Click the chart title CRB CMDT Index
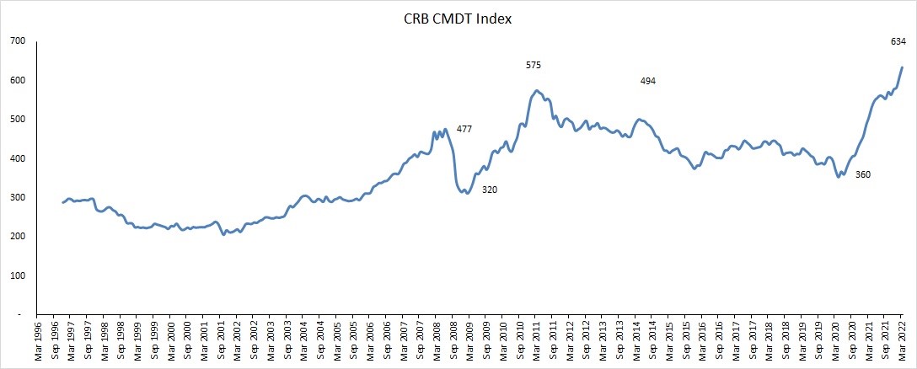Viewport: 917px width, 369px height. click(x=458, y=18)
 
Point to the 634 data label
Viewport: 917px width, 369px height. click(x=898, y=41)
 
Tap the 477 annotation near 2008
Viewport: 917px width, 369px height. click(x=464, y=129)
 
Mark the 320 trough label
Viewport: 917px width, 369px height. click(x=490, y=190)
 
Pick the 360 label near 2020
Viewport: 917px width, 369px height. click(x=863, y=174)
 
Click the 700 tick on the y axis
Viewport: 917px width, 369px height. click(x=17, y=40)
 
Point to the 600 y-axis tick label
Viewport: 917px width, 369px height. click(x=17, y=80)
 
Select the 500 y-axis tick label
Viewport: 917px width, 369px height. click(x=17, y=119)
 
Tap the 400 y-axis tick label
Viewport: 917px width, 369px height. click(x=17, y=158)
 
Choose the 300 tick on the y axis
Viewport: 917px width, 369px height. click(x=17, y=197)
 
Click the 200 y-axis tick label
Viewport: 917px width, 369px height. click(x=17, y=237)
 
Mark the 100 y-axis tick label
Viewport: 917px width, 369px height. click(x=17, y=275)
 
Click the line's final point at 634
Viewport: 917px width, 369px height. click(x=902, y=67)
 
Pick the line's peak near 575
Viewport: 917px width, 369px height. click(x=537, y=90)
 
